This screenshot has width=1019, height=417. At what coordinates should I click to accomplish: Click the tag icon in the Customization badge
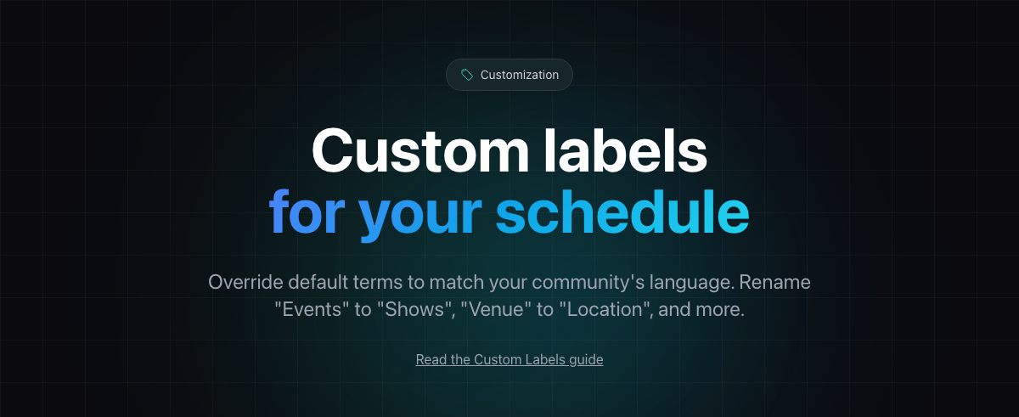(467, 75)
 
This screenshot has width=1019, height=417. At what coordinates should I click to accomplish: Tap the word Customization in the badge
(520, 75)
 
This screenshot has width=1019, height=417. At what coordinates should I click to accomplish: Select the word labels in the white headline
(626, 150)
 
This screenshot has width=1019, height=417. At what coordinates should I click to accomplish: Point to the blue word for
(307, 212)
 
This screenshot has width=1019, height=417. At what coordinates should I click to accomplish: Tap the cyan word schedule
(622, 212)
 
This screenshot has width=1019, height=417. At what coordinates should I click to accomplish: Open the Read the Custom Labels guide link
(509, 359)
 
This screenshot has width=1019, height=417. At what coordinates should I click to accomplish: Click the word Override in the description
(245, 282)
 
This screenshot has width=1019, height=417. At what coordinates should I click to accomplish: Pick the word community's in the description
(588, 283)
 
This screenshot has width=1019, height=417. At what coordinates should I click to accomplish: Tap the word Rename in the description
(774, 282)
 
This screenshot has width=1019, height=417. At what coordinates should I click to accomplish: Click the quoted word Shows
(416, 309)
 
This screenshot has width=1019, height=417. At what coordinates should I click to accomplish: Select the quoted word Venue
(496, 309)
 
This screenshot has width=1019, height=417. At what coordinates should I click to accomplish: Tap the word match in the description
(457, 282)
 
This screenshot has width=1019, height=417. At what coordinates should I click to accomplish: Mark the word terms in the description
(378, 283)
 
